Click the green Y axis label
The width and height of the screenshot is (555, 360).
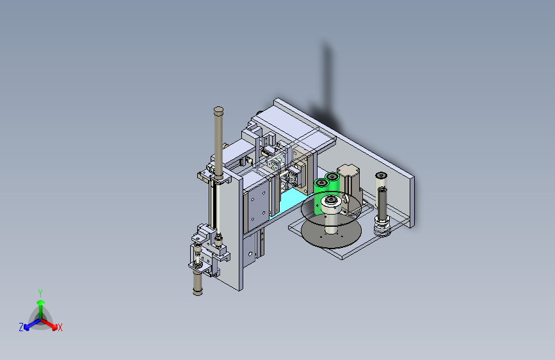coord(40,293)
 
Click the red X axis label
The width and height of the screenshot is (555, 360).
coord(60,327)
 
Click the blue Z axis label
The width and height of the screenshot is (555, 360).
coord(21,327)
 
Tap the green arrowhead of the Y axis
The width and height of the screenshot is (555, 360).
coord(41,302)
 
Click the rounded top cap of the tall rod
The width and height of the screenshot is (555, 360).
coord(219,110)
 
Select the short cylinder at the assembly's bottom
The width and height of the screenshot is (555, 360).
coord(198,284)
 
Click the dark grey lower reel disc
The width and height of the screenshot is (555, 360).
coord(332,233)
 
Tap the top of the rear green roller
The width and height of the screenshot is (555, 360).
coord(332,176)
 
